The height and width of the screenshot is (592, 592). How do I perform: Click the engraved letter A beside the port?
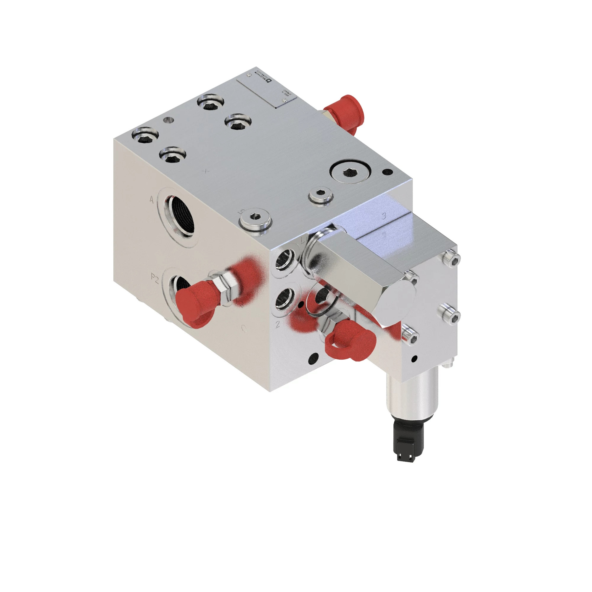pyautogui.click(x=151, y=200)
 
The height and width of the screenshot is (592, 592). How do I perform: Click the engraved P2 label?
pyautogui.click(x=155, y=278)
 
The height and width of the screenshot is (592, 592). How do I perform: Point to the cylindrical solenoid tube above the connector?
pyautogui.click(x=412, y=395)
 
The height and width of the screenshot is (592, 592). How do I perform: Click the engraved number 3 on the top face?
pyautogui.click(x=384, y=216)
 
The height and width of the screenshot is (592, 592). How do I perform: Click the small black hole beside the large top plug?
pyautogui.click(x=388, y=172)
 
